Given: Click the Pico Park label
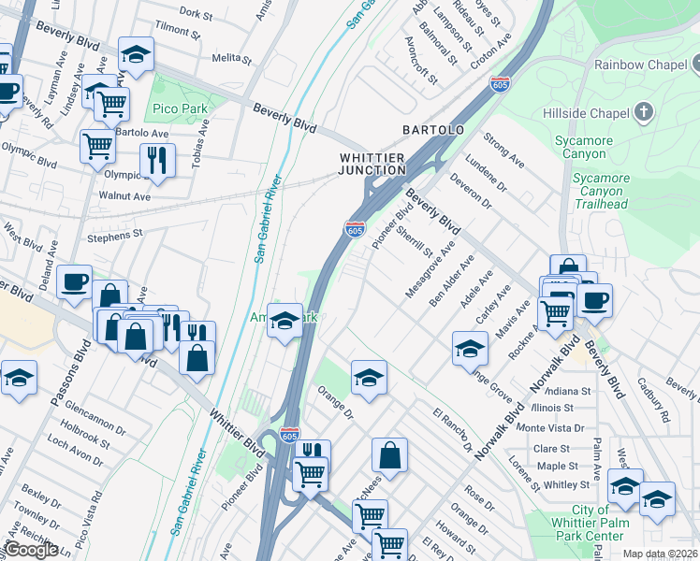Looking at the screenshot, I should coord(181,109).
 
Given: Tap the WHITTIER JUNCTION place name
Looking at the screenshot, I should coord(372,165).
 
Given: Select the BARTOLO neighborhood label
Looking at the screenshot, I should coord(433,129).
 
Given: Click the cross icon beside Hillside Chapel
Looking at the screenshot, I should coord(643,112).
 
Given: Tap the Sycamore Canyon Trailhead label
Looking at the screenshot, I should coord(609,190).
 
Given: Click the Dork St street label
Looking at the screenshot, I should coord(196,13).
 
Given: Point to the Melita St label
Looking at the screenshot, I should coord(227,58).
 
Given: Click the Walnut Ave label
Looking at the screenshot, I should coord(124,197).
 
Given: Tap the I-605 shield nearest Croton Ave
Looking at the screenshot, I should coord(501,84).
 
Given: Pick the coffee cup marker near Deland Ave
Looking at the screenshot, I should coord(74,280).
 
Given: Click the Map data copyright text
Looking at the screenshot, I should coord(661,554).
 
